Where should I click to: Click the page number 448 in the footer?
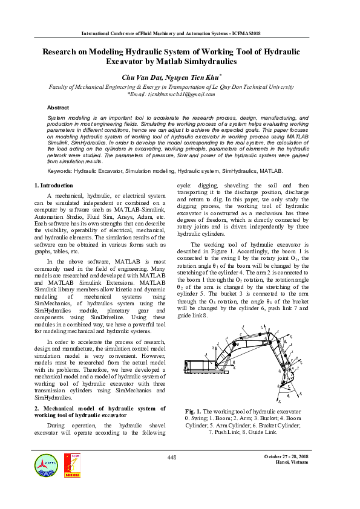[172, 458]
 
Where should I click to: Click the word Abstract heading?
[58, 107]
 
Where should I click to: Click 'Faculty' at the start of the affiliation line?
[61, 87]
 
